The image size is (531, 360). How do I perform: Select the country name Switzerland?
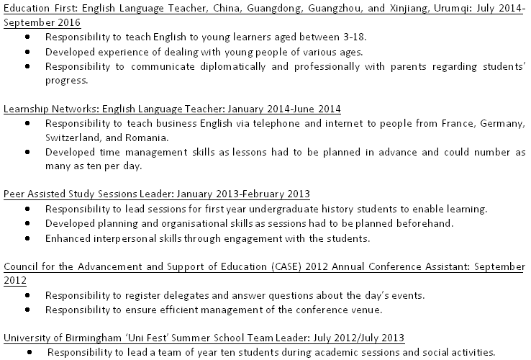point(71,137)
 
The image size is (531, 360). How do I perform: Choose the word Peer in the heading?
point(14,194)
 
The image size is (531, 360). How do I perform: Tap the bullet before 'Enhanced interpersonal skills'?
point(27,238)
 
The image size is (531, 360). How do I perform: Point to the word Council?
point(21,266)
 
